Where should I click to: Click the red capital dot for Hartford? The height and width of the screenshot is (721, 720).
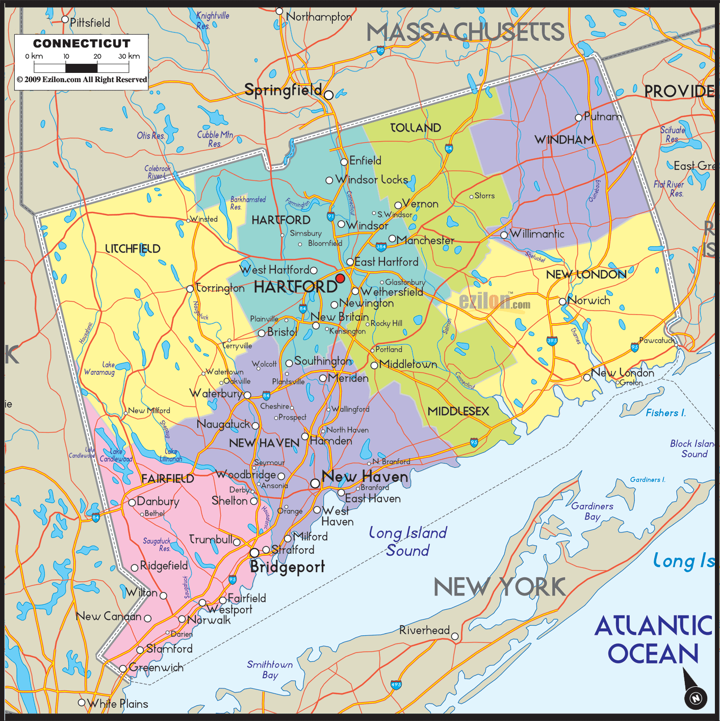tap(340, 278)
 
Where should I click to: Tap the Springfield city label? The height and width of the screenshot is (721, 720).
tap(283, 90)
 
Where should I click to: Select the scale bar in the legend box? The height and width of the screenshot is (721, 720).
tap(82, 67)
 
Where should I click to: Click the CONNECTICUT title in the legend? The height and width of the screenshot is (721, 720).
tap(82, 44)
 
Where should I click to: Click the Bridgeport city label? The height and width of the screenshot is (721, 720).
tap(287, 567)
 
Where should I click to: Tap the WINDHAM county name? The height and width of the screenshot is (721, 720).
tap(564, 140)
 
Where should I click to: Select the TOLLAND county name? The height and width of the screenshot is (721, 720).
tap(416, 128)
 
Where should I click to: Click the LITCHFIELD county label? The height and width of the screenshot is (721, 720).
tap(133, 249)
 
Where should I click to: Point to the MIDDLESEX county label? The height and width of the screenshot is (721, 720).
tap(458, 411)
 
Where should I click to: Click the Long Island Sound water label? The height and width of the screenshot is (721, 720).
tap(407, 542)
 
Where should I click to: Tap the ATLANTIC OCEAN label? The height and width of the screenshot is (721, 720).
tap(653, 639)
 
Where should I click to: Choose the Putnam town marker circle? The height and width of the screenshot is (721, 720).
tap(578, 118)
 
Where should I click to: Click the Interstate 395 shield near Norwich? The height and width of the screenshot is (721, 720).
tap(552, 341)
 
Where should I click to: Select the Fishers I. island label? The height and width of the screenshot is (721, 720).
tap(665, 413)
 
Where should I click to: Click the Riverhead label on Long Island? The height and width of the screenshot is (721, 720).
tap(424, 630)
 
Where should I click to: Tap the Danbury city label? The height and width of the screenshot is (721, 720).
tap(158, 502)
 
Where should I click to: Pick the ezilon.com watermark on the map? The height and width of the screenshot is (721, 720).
tap(495, 302)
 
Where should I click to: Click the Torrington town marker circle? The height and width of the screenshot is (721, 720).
tap(190, 289)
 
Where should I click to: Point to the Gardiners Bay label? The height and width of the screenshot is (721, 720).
tap(592, 511)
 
